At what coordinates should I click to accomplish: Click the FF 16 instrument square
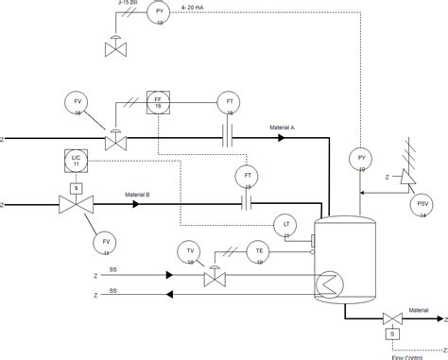159,103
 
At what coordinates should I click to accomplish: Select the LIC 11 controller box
78,161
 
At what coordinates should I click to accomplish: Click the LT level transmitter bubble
286,225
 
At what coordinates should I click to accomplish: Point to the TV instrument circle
190,251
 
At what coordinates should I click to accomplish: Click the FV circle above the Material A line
78,103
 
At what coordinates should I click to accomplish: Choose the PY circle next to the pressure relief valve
361,160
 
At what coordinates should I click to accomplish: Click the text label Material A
283,127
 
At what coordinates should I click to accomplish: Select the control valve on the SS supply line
215,278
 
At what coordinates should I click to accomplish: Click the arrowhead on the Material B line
136,205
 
